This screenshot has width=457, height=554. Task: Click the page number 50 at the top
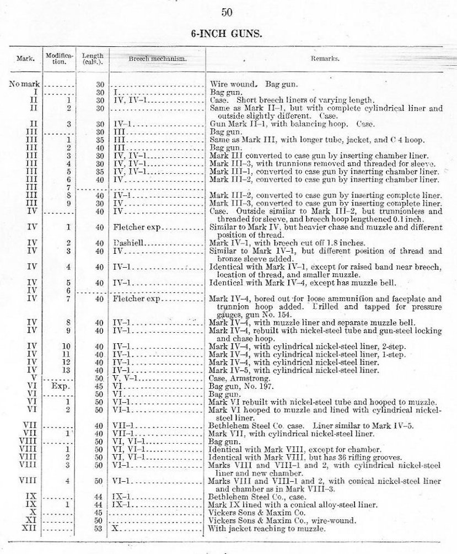pos(228,12)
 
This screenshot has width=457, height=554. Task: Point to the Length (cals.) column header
pos(92,58)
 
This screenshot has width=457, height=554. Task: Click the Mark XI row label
pos(31,520)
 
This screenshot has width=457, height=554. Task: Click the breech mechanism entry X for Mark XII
pos(116,528)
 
